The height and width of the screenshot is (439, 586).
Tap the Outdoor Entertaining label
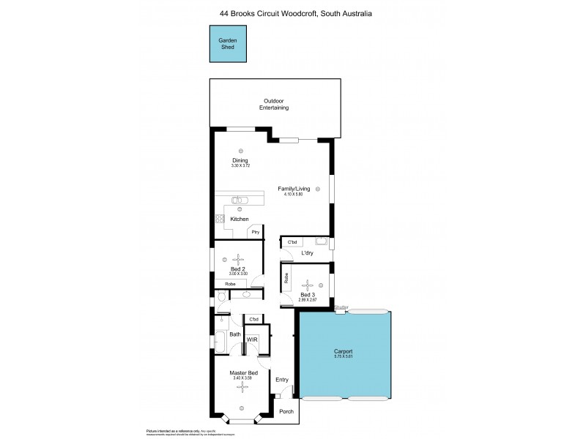(x=274, y=104)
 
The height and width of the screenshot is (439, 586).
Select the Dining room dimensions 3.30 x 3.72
(x=240, y=166)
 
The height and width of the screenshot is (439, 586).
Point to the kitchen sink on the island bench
(x=237, y=200)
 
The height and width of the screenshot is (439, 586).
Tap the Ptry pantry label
(x=256, y=232)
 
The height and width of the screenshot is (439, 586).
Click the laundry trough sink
(x=320, y=241)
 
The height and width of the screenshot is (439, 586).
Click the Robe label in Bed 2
(x=229, y=283)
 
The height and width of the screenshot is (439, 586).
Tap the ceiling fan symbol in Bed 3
(x=308, y=285)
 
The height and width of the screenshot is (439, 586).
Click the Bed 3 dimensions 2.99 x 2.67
(x=308, y=300)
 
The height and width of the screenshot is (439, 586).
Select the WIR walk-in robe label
(x=251, y=340)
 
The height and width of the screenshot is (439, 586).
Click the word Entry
(x=282, y=379)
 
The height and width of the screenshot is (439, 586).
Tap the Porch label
(x=286, y=410)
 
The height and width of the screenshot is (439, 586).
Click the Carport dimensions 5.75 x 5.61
(x=344, y=357)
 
